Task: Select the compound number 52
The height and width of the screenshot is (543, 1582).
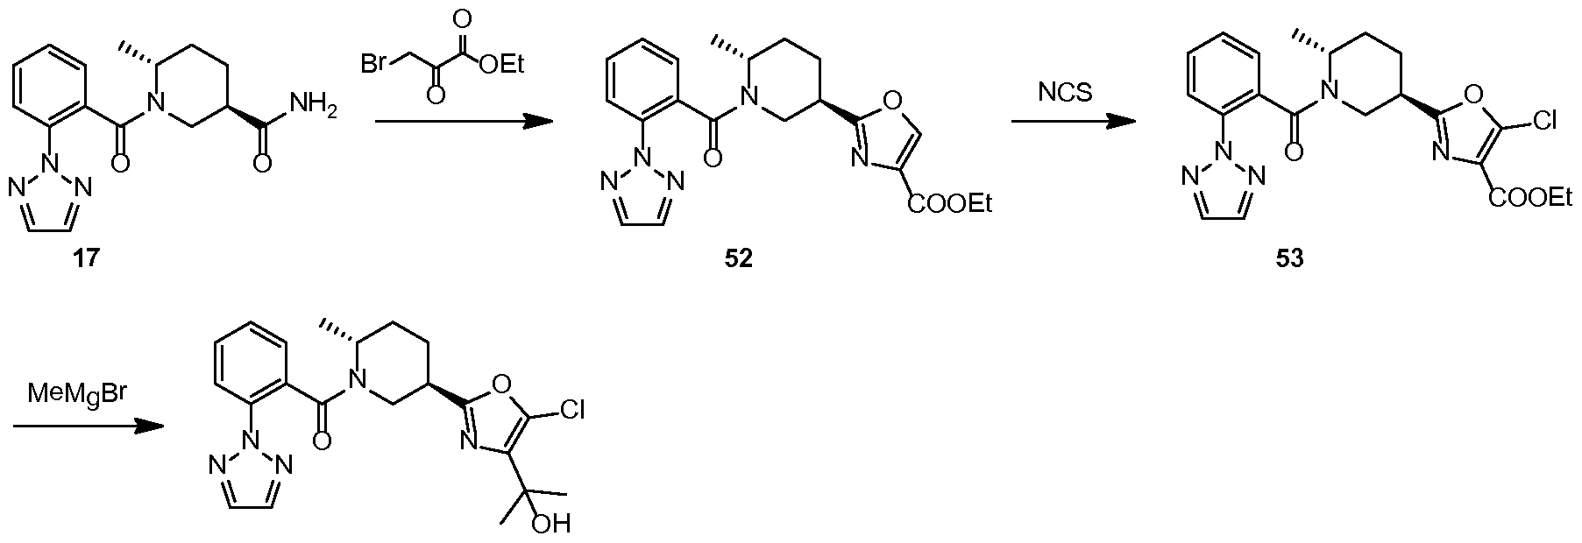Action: (738, 259)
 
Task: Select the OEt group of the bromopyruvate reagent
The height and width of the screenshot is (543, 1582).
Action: (501, 63)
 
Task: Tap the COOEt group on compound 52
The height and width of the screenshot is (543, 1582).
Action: (949, 204)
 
